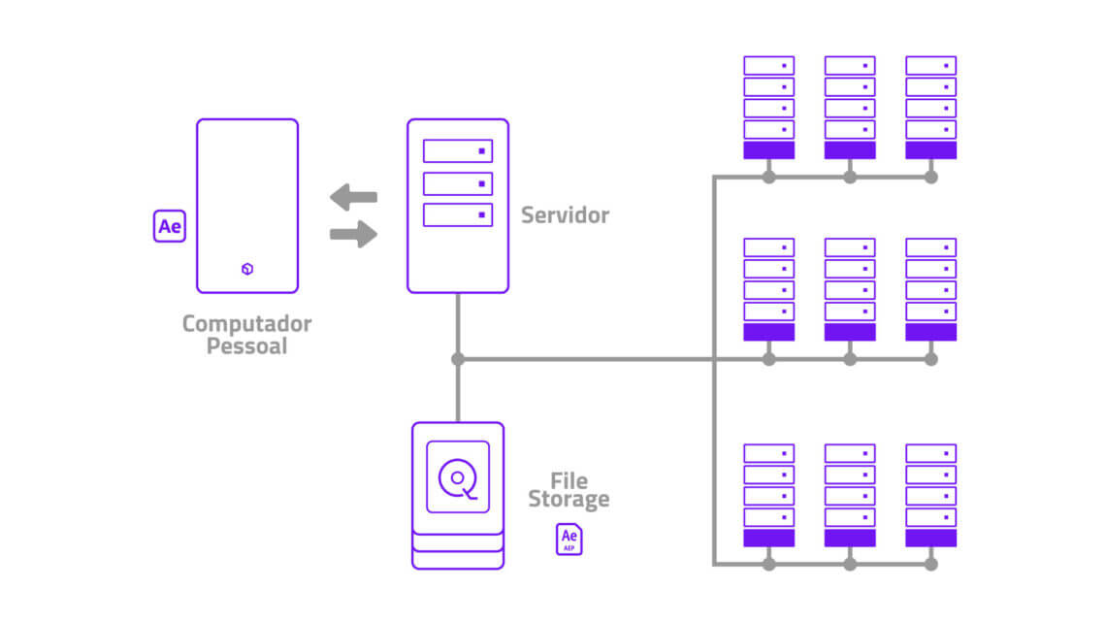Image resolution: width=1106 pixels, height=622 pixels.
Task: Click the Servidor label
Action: [x=565, y=214]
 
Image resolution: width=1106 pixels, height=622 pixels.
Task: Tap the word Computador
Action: [x=246, y=323]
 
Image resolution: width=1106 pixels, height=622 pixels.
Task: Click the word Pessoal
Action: [x=246, y=345]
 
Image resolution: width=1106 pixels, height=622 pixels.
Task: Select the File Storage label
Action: [x=569, y=490]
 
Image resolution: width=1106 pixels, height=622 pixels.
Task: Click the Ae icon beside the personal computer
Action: [x=170, y=226]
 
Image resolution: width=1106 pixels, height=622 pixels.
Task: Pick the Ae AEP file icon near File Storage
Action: [x=569, y=539]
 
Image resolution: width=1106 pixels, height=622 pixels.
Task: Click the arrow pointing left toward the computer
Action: [x=353, y=197]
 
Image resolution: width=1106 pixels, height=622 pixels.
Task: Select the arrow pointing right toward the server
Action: [x=353, y=233]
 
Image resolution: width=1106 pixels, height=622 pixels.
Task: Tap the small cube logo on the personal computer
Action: [x=247, y=269]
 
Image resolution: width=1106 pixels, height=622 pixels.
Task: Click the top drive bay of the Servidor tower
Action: [x=458, y=151]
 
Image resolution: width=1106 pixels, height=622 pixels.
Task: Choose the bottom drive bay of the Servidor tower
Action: [x=458, y=215]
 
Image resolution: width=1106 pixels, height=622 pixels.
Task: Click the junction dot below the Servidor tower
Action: [x=458, y=359]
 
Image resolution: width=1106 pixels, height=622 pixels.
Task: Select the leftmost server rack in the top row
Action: [x=768, y=107]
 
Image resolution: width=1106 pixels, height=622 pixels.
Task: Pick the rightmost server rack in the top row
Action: [x=930, y=107]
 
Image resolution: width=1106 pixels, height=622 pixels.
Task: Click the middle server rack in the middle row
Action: [x=850, y=289]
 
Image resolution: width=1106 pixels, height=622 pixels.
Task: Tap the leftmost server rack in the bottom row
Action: [x=768, y=495]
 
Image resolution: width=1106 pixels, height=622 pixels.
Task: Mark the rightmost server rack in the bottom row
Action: [x=930, y=495]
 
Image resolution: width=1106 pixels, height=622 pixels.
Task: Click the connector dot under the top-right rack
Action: [x=930, y=178]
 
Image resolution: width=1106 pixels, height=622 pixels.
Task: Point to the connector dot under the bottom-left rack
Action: [x=768, y=564]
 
